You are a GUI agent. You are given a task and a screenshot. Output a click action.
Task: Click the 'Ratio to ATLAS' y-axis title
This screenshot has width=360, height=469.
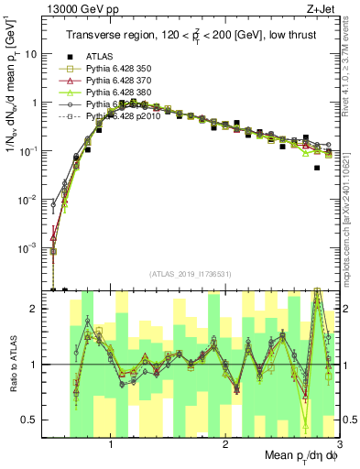point(13,365)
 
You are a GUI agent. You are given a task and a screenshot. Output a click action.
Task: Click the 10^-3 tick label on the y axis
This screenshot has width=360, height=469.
point(30,248)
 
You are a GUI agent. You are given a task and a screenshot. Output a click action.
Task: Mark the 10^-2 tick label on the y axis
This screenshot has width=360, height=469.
point(30,200)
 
